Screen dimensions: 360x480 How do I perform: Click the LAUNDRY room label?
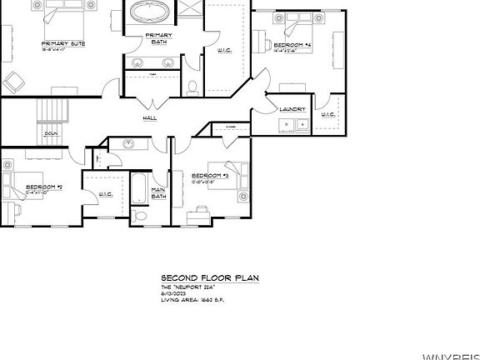tap(292, 109)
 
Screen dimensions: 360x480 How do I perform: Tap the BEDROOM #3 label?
tap(209, 176)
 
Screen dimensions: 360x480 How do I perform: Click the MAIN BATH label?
tap(157, 193)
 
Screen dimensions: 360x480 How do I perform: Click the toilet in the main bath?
tap(140, 217)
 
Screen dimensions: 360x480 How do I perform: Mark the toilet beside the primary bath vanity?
tap(192, 85)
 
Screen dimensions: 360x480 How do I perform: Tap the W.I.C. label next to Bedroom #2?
tap(105, 195)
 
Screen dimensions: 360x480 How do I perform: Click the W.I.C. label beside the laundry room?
tap(327, 115)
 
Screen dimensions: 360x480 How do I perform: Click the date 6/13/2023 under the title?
tap(177, 292)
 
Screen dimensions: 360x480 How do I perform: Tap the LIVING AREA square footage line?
tap(192, 299)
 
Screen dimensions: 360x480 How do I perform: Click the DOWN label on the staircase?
tap(51, 132)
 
